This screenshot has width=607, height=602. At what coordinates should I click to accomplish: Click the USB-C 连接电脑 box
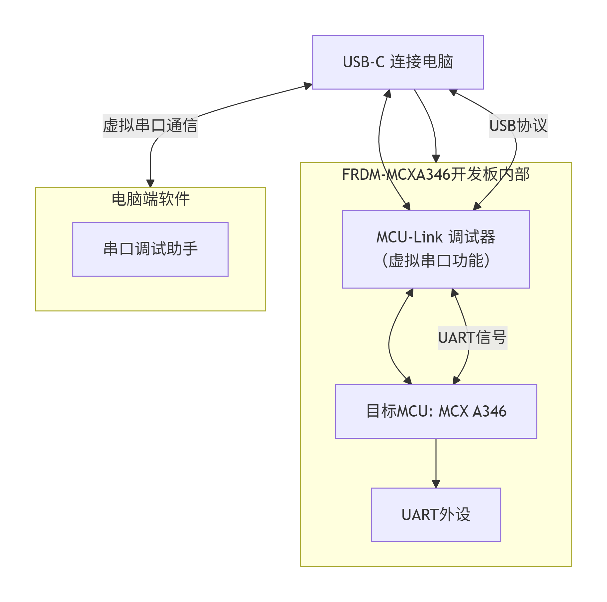(398, 62)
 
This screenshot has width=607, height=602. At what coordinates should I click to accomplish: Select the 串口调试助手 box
(150, 249)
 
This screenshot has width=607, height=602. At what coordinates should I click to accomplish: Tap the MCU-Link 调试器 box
(436, 249)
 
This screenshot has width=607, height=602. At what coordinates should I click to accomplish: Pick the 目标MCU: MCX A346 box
(436, 411)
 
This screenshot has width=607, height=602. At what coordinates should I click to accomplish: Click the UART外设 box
(436, 515)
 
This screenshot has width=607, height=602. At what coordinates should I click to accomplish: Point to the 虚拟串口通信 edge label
(150, 126)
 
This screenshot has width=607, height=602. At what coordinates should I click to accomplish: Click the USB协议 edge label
(518, 126)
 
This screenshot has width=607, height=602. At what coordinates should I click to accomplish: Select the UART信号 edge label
(472, 338)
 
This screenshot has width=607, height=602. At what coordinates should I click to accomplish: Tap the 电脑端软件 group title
(150, 199)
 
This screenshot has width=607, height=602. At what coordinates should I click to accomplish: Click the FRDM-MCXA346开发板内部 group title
(436, 174)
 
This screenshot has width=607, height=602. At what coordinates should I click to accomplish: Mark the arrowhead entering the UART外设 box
(436, 484)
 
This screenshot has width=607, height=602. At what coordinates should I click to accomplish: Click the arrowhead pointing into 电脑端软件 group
(150, 183)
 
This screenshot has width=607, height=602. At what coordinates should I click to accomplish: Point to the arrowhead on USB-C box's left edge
(308, 86)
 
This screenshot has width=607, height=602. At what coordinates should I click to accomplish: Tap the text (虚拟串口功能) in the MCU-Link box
(436, 260)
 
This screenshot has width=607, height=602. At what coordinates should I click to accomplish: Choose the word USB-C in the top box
(364, 62)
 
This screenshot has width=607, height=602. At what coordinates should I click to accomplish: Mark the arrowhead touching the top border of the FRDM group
(436, 159)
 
